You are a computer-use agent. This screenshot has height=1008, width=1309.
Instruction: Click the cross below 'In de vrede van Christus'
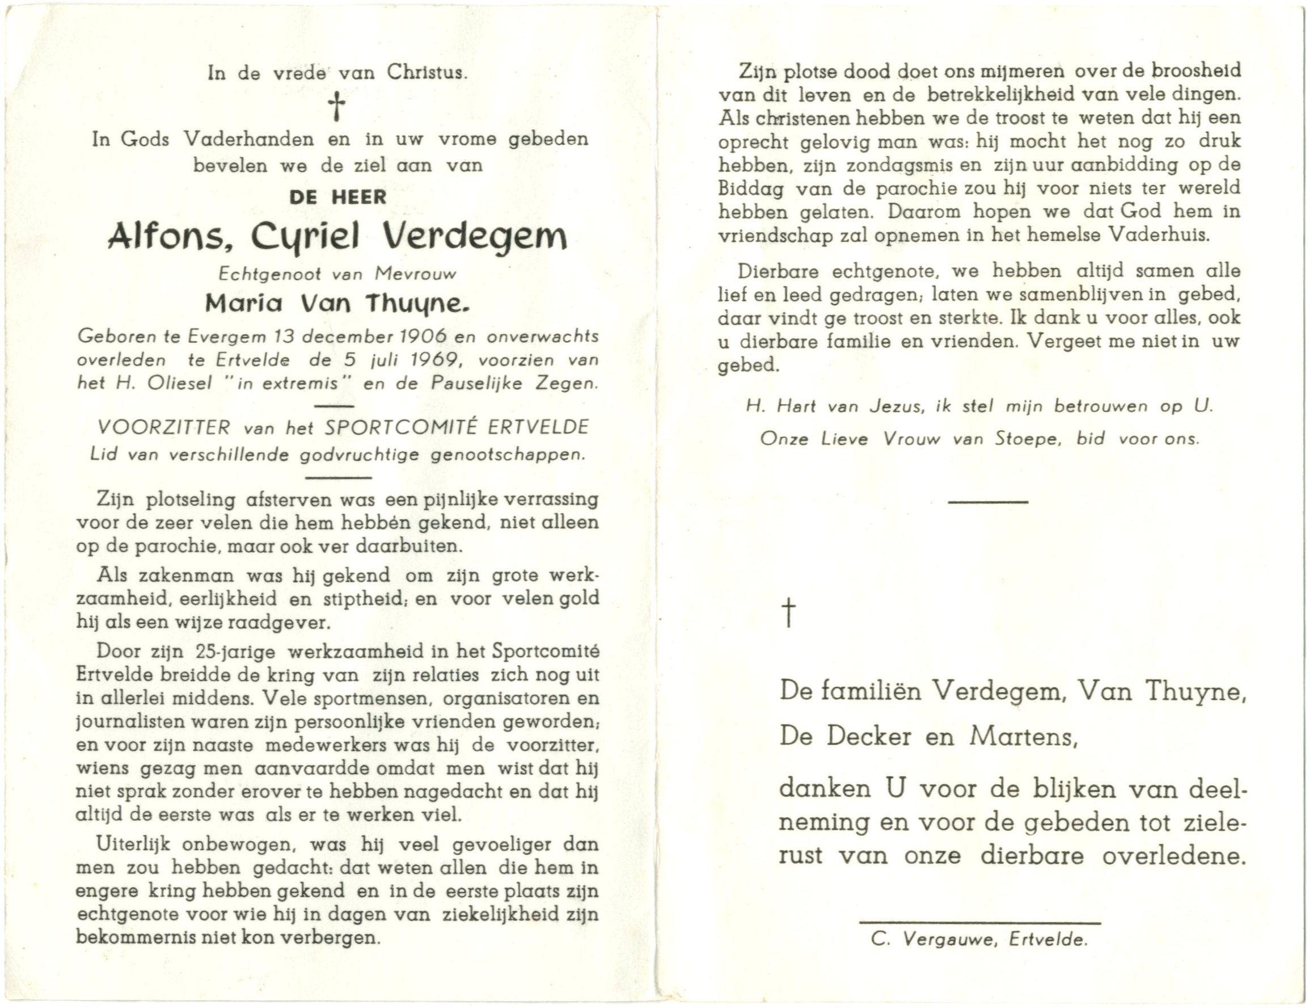[x=337, y=107]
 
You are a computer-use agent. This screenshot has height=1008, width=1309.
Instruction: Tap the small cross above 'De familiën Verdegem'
[x=789, y=614]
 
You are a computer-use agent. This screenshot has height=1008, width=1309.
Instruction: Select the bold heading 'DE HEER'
[x=338, y=197]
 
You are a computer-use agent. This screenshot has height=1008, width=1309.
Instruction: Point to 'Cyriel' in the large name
[x=306, y=238]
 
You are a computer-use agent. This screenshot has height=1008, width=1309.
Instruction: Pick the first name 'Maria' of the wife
[x=243, y=305]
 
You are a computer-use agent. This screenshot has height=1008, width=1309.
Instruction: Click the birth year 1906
[x=422, y=337]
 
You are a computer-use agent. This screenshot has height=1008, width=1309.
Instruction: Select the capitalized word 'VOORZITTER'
[x=163, y=427]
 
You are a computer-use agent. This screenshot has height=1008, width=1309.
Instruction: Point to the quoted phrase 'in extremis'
[x=287, y=383]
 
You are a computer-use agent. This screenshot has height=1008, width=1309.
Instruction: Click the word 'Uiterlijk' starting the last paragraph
[x=133, y=845]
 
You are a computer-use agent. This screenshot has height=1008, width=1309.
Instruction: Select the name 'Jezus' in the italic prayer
[x=894, y=406]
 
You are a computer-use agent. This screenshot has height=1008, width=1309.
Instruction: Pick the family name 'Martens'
[x=1023, y=737]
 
